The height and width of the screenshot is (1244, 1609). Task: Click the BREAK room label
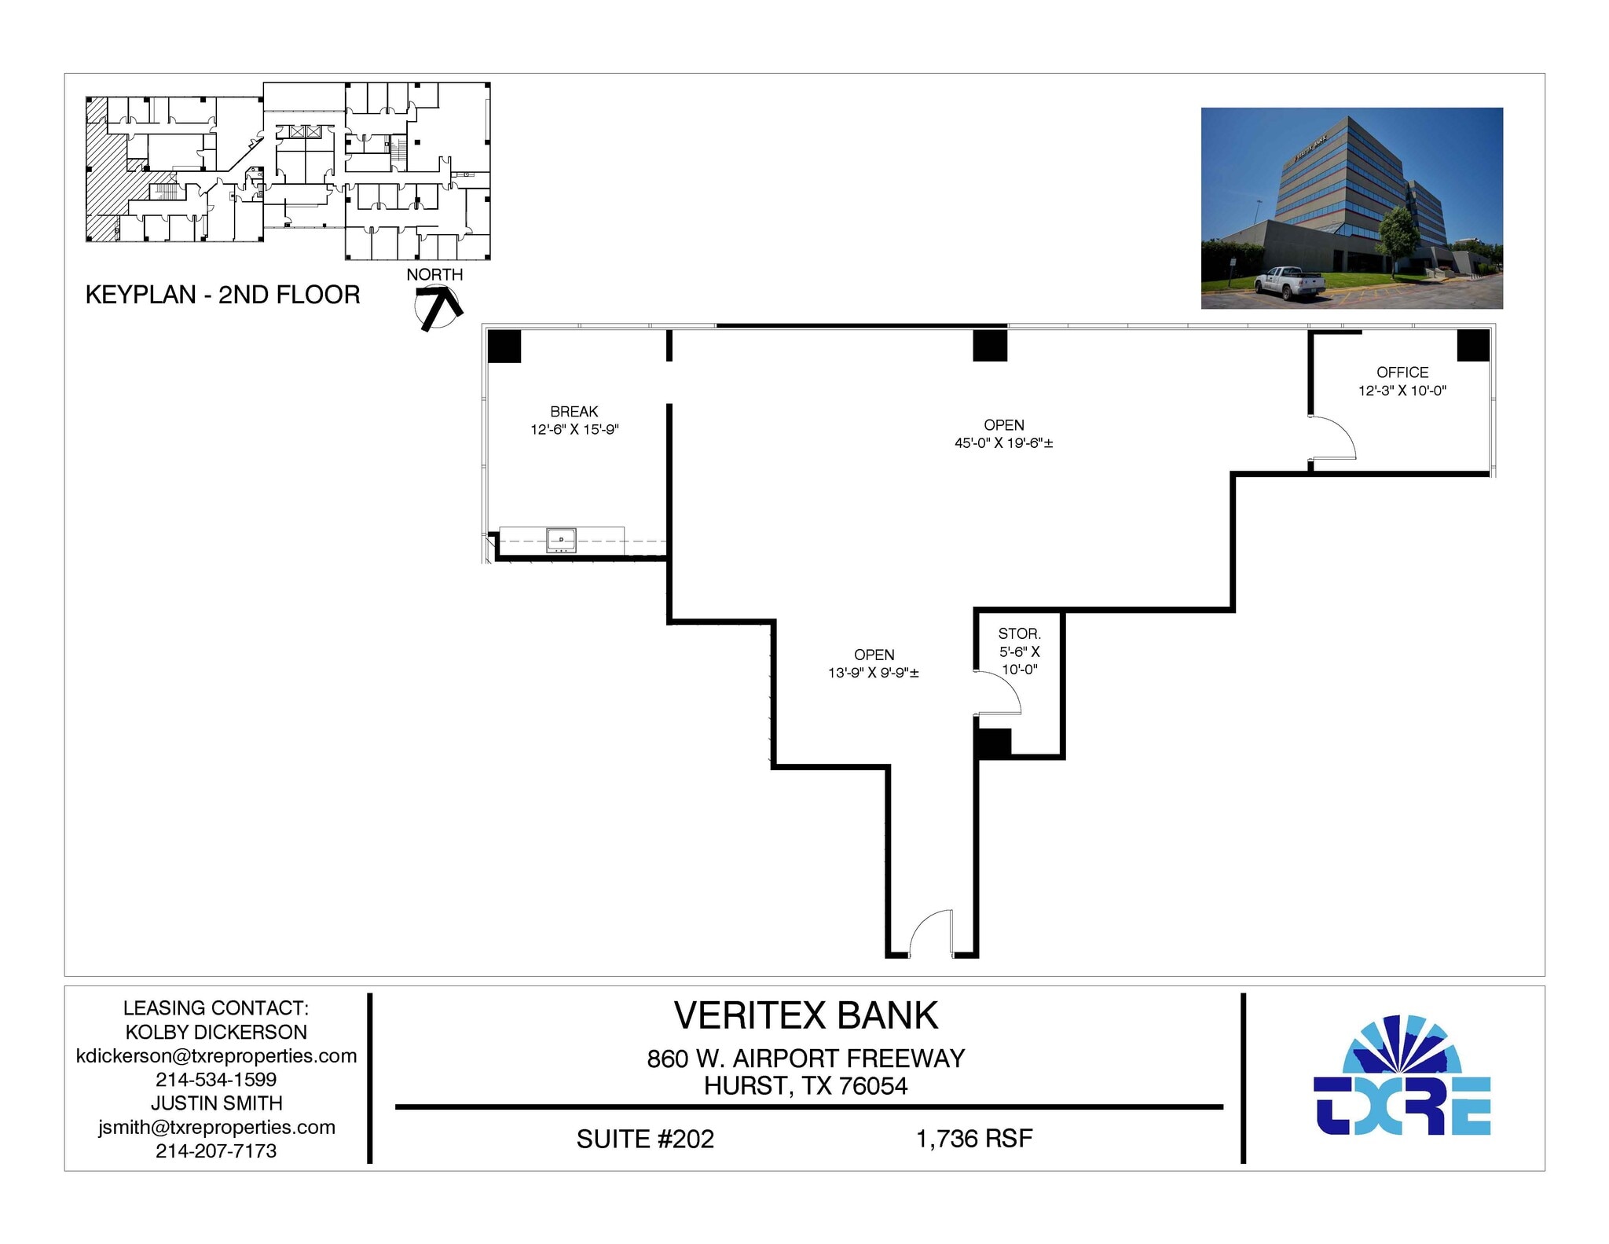pos(574,412)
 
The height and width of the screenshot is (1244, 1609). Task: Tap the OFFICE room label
pos(1402,372)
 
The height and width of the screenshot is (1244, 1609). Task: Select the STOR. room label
pos(1019,633)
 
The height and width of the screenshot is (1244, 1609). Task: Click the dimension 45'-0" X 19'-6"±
pos(1003,443)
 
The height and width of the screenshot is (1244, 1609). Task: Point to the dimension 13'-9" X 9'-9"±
pos(873,673)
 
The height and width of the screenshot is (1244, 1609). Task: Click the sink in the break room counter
pos(561,541)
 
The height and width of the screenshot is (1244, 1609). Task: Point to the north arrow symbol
pos(437,308)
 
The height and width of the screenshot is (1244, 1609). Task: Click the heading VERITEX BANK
pos(805,1016)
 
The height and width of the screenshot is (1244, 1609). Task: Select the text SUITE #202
pos(645,1139)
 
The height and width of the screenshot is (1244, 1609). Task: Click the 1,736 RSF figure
pos(973,1139)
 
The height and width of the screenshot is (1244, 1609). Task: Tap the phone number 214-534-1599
pos(216,1080)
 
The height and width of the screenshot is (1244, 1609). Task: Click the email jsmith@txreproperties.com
pos(216,1127)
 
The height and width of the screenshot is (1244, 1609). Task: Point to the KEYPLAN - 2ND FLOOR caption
pos(222,295)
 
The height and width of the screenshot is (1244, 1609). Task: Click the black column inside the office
pos(1473,345)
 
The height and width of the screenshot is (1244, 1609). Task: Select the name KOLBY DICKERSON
pos(216,1032)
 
